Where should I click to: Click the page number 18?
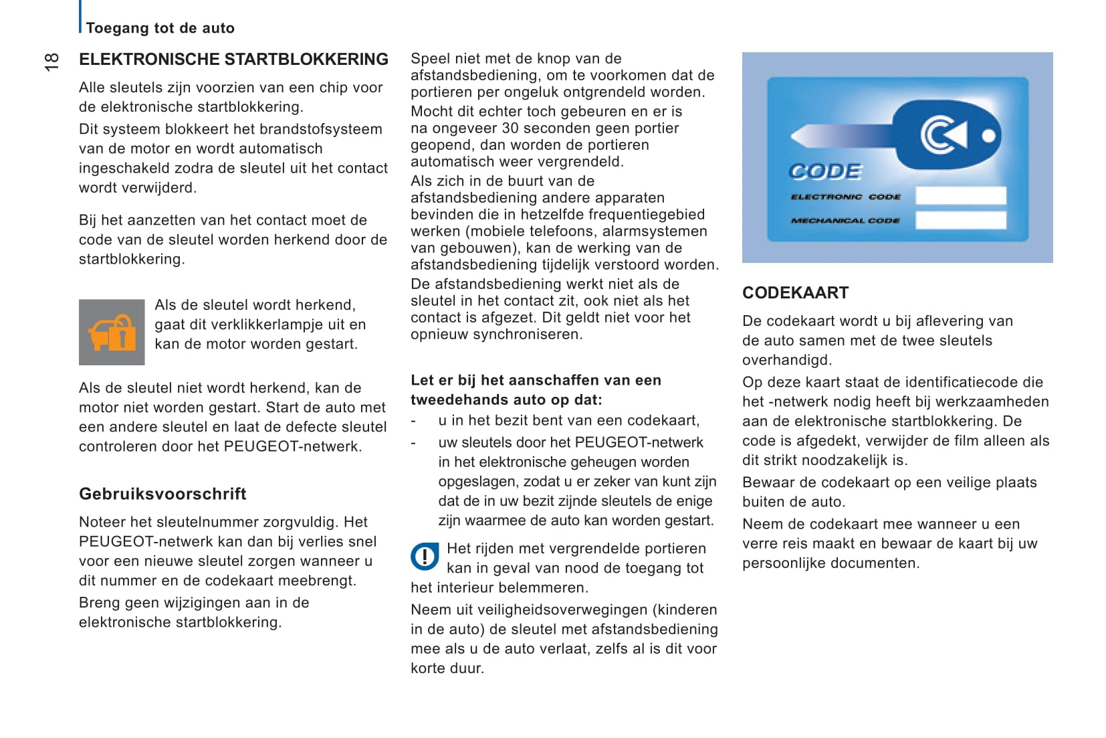(x=51, y=62)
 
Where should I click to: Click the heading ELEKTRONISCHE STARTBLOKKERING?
(x=233, y=60)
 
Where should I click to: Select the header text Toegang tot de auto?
(x=160, y=28)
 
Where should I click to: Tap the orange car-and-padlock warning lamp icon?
(x=112, y=333)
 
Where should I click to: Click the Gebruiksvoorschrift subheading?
(x=162, y=494)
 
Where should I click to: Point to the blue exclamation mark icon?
(x=425, y=556)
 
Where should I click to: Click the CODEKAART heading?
(x=795, y=292)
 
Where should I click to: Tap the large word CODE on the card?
(x=826, y=172)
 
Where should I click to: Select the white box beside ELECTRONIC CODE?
(x=961, y=195)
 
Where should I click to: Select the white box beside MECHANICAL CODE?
(x=961, y=219)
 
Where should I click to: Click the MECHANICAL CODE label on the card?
(x=845, y=220)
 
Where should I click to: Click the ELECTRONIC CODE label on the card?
(x=846, y=197)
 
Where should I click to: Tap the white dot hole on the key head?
(x=988, y=136)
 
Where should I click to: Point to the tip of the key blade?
(x=793, y=136)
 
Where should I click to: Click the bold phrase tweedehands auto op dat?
(x=506, y=400)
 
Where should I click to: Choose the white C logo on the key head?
(x=943, y=135)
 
